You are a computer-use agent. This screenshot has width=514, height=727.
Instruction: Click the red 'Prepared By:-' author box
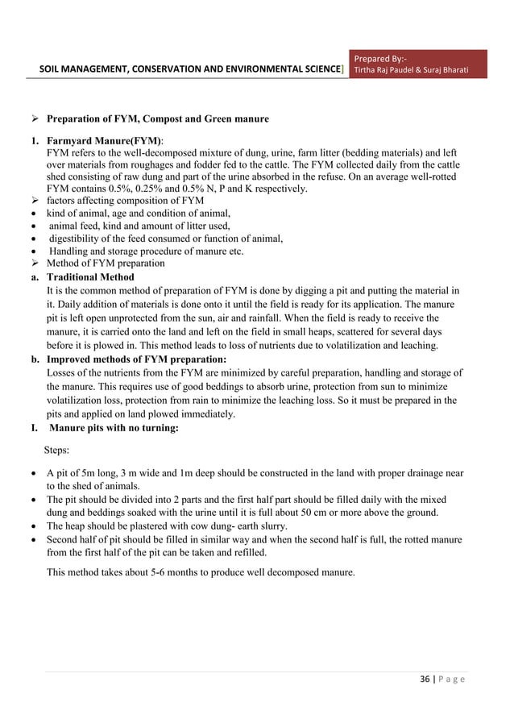coord(421,65)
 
